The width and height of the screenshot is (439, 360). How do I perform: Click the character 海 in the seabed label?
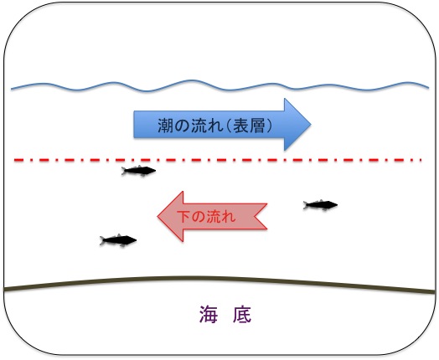pyautogui.click(x=209, y=315)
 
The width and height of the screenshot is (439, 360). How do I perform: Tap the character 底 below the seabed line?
pyautogui.click(x=242, y=315)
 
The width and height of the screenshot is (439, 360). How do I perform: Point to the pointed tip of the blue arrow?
pyautogui.click(x=311, y=125)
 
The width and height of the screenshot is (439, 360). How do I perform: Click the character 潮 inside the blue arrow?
pyautogui.click(x=166, y=125)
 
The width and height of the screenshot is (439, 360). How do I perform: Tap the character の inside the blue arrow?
pyautogui.click(x=183, y=126)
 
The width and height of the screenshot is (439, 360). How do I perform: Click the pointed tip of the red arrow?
pyautogui.click(x=158, y=217)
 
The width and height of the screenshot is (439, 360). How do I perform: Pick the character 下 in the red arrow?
pyautogui.click(x=183, y=216)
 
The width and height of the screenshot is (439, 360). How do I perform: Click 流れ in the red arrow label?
pyautogui.click(x=221, y=216)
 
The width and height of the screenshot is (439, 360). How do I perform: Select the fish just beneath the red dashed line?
pyautogui.click(x=138, y=171)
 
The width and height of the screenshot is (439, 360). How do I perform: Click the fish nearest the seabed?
pyautogui.click(x=118, y=240)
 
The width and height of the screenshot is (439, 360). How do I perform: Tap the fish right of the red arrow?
pyautogui.click(x=320, y=205)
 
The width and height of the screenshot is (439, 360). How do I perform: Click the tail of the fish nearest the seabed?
pyautogui.click(x=103, y=240)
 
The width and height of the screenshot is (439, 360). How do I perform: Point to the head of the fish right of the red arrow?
pyautogui.click(x=333, y=205)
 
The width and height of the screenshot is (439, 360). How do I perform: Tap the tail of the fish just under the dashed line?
pyautogui.click(x=124, y=171)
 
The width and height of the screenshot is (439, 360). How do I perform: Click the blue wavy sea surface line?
pyautogui.click(x=219, y=88)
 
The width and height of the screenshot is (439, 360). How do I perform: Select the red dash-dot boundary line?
pyautogui.click(x=218, y=160)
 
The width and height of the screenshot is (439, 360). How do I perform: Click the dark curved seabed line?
pyautogui.click(x=219, y=278)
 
